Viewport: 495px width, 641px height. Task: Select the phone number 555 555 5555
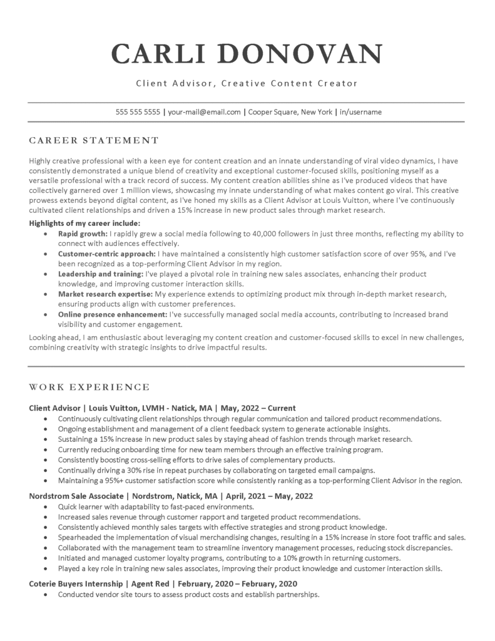(x=138, y=112)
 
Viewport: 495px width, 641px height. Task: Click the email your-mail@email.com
(x=205, y=112)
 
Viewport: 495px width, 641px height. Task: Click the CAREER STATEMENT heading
(x=94, y=140)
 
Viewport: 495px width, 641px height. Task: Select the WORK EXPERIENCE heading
(x=89, y=386)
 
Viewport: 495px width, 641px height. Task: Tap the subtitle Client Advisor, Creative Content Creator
(x=247, y=83)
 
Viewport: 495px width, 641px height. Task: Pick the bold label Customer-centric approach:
(x=107, y=254)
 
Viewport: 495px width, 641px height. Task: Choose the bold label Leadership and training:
(x=100, y=274)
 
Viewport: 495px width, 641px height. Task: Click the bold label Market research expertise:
(x=105, y=294)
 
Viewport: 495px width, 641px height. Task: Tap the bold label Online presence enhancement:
(x=112, y=314)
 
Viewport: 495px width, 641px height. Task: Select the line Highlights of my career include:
(x=84, y=223)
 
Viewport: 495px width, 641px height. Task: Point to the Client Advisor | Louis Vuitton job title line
(x=163, y=408)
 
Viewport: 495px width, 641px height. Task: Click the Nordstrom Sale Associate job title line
(x=171, y=496)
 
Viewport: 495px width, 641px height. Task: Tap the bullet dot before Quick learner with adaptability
(x=47, y=506)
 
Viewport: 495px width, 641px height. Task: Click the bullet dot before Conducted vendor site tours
(x=47, y=595)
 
